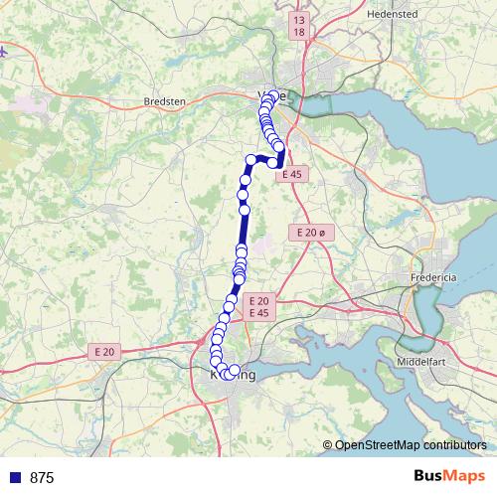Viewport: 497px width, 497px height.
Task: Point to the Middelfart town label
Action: (426, 362)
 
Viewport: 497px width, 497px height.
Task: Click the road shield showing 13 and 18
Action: (299, 25)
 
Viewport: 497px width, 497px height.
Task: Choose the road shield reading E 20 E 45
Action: (258, 306)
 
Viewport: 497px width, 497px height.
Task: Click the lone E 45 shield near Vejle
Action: (291, 173)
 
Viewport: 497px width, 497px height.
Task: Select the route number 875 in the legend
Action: (42, 477)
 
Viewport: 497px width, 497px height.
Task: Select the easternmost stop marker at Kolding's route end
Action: (236, 372)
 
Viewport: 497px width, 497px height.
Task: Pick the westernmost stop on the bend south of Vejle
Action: (251, 160)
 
